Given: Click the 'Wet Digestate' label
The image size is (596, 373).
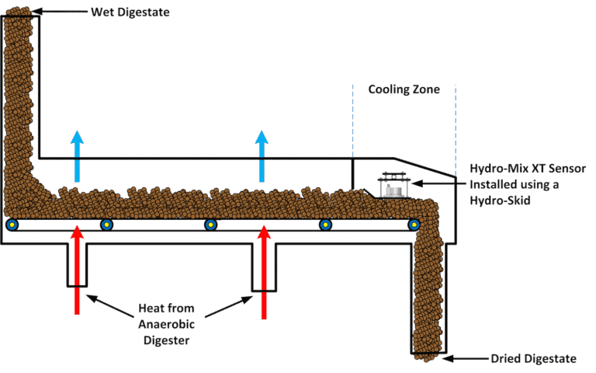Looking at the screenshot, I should point(130,12).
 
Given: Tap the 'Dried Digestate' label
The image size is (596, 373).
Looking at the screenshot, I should point(534,358).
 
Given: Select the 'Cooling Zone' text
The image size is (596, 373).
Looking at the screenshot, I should point(404,89).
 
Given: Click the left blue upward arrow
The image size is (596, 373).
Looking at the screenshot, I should point(76,156).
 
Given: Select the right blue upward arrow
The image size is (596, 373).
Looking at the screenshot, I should point(264,156).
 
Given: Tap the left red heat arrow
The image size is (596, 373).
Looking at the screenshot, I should point(76,269).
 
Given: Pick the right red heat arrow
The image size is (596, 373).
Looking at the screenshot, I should point(264,269).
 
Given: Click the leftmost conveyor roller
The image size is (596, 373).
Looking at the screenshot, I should point(12,225).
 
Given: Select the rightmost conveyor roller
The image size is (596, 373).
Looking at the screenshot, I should point(414,225).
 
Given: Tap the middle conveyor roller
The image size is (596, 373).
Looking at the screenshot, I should point(210,225).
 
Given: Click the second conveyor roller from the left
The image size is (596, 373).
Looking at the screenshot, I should point(106,225).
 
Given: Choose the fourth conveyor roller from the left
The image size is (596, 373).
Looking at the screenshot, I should point(324,225).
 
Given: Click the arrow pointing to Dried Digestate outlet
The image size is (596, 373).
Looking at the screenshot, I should point(466,358).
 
